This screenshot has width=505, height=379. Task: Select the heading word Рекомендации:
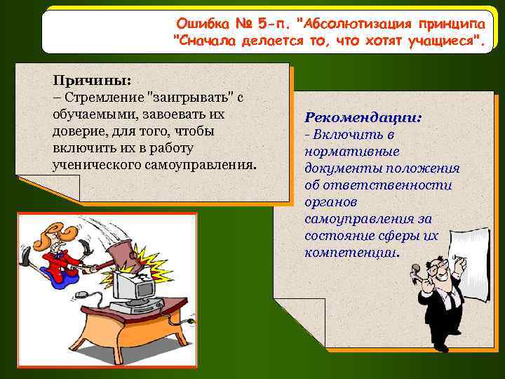pyautogui.click(x=363, y=117)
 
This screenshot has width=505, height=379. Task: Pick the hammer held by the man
pyautogui.click(x=418, y=270)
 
